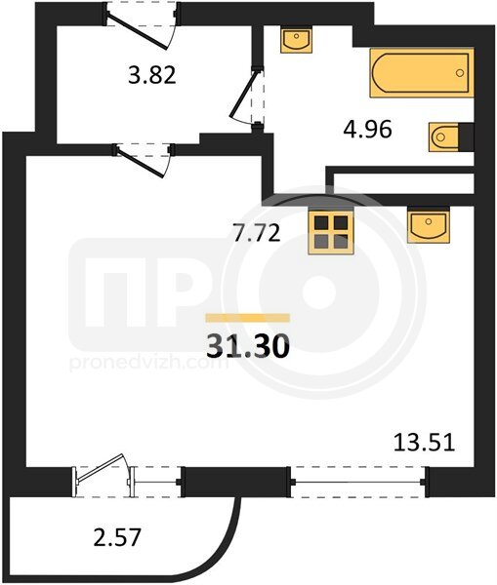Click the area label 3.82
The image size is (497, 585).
(x=151, y=75)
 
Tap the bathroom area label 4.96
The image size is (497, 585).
(x=367, y=130)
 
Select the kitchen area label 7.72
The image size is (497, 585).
(x=257, y=234)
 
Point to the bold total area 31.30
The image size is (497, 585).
(x=248, y=345)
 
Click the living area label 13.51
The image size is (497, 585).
(x=424, y=443)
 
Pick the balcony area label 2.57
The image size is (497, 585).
(x=117, y=537)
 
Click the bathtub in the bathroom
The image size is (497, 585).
(x=422, y=73)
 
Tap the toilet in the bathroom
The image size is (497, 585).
(x=451, y=136)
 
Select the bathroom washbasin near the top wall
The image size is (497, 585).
(x=296, y=39)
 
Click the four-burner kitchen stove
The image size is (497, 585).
(x=331, y=233)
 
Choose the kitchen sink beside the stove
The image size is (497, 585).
(x=429, y=224)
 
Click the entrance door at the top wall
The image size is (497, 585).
(x=141, y=26)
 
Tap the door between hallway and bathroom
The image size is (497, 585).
(x=247, y=97)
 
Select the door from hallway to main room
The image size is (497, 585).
(x=144, y=161)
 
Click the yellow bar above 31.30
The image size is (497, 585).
(x=248, y=318)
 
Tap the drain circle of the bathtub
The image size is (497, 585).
(x=460, y=73)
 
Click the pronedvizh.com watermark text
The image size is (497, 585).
(x=148, y=364)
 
